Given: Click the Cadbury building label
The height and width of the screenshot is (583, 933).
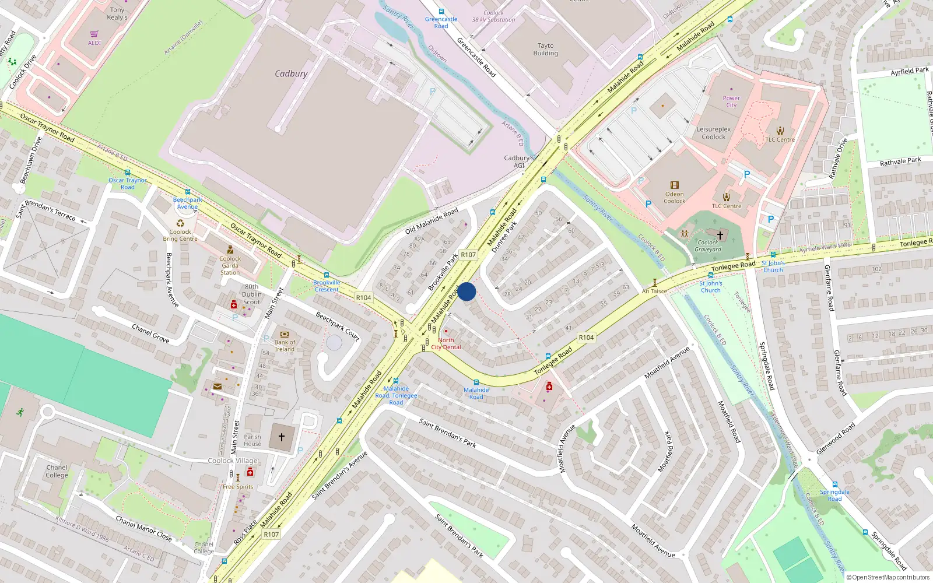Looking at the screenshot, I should tap(291, 74).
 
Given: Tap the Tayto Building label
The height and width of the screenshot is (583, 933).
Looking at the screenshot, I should tap(545, 50).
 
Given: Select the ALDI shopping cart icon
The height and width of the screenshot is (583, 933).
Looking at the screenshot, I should tap(94, 34).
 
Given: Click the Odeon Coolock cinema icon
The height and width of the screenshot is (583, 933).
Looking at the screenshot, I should tap(675, 185).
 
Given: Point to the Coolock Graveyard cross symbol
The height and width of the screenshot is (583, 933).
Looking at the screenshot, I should tap(720, 235).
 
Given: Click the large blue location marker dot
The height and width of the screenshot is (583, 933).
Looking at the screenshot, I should tap(466, 291).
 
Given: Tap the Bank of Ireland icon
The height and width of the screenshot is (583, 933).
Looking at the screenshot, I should tap(285, 335).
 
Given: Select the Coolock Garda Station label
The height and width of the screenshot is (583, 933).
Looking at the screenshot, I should tap(230, 265).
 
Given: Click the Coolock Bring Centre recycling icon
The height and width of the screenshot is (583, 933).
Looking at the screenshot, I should tap(180, 223).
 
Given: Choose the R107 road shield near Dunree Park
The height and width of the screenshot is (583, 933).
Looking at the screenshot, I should tap(468, 255).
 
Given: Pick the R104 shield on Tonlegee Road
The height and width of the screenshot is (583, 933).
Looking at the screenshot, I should tap(586, 338).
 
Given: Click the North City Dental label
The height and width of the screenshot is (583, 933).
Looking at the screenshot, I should tap(446, 343).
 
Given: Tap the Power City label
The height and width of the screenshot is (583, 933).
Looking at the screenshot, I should tap(731, 102).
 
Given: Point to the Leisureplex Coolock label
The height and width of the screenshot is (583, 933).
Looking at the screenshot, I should tap(714, 133).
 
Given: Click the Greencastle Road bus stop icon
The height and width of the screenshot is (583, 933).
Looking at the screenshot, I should tap(441, 12).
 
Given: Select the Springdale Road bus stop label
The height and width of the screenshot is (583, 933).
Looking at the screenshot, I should tap(834, 495).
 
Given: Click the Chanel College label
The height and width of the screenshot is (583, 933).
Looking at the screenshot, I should tap(57, 471).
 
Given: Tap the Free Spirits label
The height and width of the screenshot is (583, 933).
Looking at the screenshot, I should tap(238, 486).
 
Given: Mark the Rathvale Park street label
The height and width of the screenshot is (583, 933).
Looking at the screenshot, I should tap(900, 161).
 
